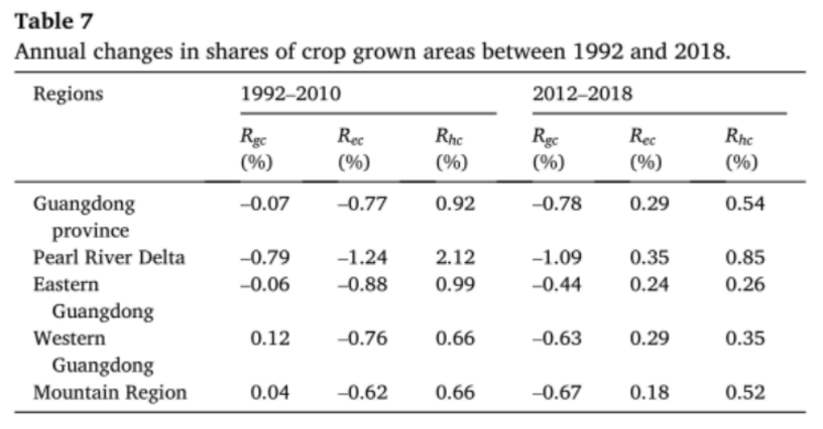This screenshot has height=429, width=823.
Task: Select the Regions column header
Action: point(68,94)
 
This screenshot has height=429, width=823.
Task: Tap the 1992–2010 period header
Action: point(291,94)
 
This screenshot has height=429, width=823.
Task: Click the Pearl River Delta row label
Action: point(108,258)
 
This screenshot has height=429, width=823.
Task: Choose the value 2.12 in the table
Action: point(455,258)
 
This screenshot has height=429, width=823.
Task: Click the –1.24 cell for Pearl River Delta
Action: point(362,258)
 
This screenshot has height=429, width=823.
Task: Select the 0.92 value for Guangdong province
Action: point(455,204)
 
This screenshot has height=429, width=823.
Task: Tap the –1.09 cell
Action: point(557,258)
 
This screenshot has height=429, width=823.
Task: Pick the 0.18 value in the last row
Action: point(649,393)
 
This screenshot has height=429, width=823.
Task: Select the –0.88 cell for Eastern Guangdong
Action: point(362,285)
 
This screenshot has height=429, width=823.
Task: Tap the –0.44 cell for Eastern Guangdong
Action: point(557,285)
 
